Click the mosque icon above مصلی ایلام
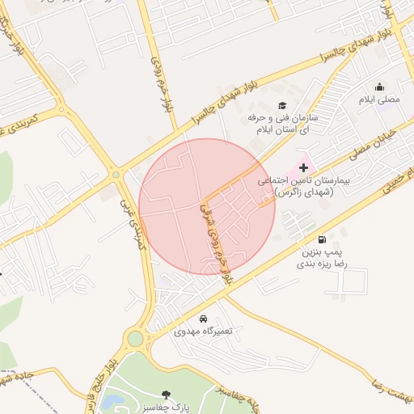(379, 87)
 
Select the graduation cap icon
(282, 105)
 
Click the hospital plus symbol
(303, 168)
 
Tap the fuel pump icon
(323, 239)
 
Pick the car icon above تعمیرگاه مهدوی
(202, 319)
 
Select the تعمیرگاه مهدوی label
(202, 332)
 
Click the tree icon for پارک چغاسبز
(166, 395)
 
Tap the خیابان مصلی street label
(372, 142)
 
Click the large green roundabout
(135, 338)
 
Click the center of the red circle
(207, 206)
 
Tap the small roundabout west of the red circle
(116, 174)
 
